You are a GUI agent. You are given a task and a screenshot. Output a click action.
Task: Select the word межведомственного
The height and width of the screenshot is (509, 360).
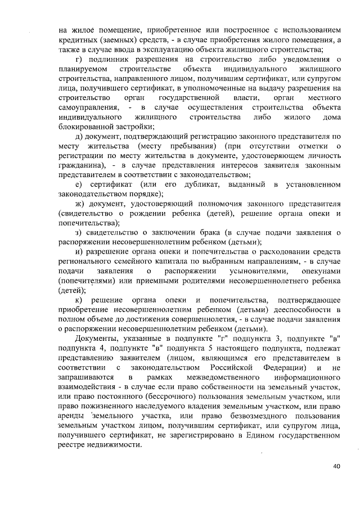(211, 377)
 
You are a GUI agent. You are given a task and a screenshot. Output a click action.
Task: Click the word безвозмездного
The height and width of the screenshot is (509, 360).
(241, 416)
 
